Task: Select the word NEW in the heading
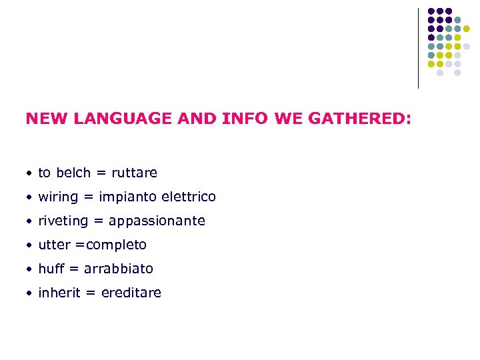[47, 119]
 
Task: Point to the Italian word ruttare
[134, 173]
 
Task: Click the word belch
[73, 173]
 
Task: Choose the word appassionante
[157, 221]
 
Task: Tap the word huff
[51, 269]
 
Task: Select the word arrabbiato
[119, 269]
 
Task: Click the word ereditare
[131, 293]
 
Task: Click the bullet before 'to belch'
[29, 173]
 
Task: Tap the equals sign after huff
[74, 269]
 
